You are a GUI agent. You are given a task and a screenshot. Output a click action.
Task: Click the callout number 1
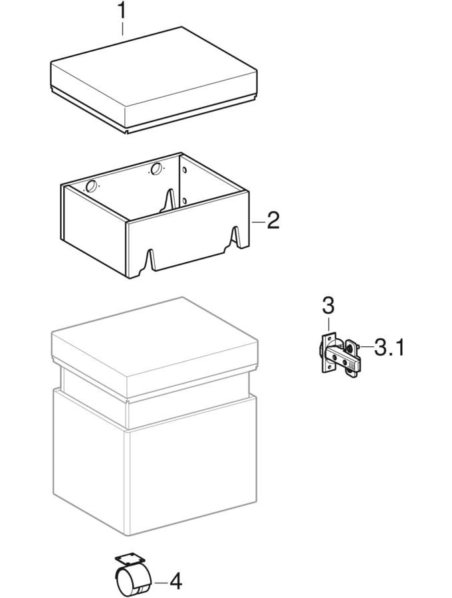pos(122,11)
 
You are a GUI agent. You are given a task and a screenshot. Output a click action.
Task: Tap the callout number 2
pos(273,221)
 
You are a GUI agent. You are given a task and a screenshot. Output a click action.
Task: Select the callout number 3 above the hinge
pos(328,306)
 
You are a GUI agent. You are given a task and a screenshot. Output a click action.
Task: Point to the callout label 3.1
pos(389,347)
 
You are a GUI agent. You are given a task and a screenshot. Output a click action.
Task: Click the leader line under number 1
pos(122,28)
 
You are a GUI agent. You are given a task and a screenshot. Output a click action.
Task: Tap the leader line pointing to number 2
pos(257,221)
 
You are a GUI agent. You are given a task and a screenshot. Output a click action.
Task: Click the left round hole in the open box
pos(91,187)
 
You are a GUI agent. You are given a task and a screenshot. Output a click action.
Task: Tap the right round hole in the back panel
pos(156,169)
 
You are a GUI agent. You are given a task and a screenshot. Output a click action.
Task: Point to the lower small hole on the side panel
pos(185,200)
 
